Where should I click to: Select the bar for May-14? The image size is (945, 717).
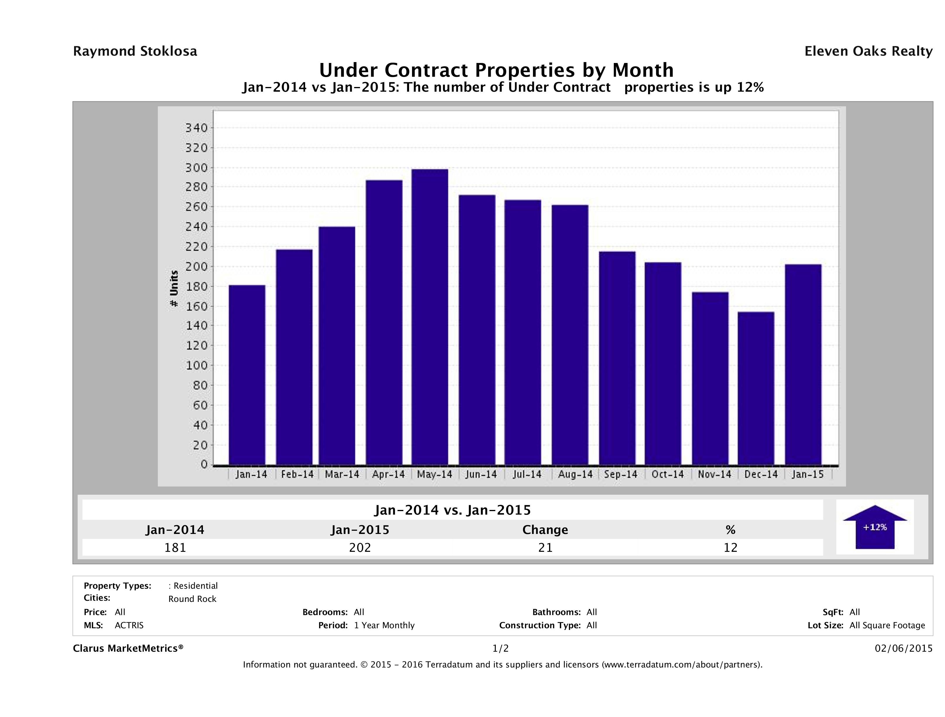[430, 317]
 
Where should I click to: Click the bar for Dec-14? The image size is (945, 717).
[756, 388]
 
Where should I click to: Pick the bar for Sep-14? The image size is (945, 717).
[617, 358]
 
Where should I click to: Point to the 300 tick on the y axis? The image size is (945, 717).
[196, 168]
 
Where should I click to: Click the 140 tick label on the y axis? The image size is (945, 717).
[196, 326]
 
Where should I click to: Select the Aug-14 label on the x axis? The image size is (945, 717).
[575, 474]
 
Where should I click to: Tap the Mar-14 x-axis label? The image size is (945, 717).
[342, 474]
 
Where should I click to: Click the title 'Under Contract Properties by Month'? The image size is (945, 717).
[496, 70]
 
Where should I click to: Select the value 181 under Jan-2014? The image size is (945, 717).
[175, 547]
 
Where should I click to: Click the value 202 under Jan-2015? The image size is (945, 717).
[360, 547]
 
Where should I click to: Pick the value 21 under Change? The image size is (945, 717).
[545, 547]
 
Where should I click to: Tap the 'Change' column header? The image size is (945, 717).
[545, 530]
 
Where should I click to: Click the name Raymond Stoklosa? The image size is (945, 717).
[135, 51]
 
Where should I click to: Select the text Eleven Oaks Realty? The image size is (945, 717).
[868, 51]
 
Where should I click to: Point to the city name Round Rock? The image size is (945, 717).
[192, 599]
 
